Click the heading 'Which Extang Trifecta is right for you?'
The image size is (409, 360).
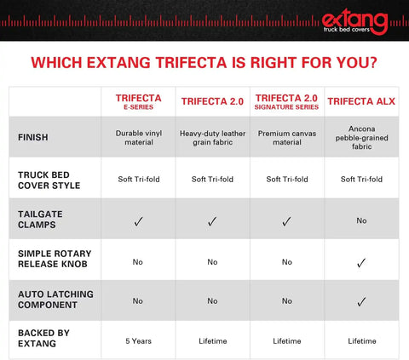click(x=204, y=63)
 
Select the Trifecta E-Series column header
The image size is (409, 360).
click(x=137, y=102)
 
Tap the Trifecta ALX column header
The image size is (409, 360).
click(x=361, y=102)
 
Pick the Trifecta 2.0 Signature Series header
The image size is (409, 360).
click(x=286, y=102)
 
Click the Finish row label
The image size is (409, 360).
click(x=35, y=137)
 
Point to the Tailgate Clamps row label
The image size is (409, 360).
click(x=40, y=220)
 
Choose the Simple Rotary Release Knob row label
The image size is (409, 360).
click(x=55, y=260)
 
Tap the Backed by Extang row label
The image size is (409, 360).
click(x=42, y=341)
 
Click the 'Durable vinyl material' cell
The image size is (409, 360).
click(x=137, y=137)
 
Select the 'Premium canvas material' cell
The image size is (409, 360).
click(x=286, y=137)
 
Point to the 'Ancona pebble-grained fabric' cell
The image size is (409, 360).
click(x=361, y=137)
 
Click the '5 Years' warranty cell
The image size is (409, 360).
click(x=137, y=341)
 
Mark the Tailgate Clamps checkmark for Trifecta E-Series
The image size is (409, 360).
click(x=137, y=221)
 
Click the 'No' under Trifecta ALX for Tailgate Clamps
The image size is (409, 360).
click(x=361, y=220)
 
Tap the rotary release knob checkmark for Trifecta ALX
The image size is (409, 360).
click(x=361, y=261)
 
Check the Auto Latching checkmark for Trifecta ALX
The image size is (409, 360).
click(x=361, y=301)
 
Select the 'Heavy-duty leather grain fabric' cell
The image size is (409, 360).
click(x=211, y=137)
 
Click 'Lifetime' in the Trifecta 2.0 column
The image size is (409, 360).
click(x=211, y=341)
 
